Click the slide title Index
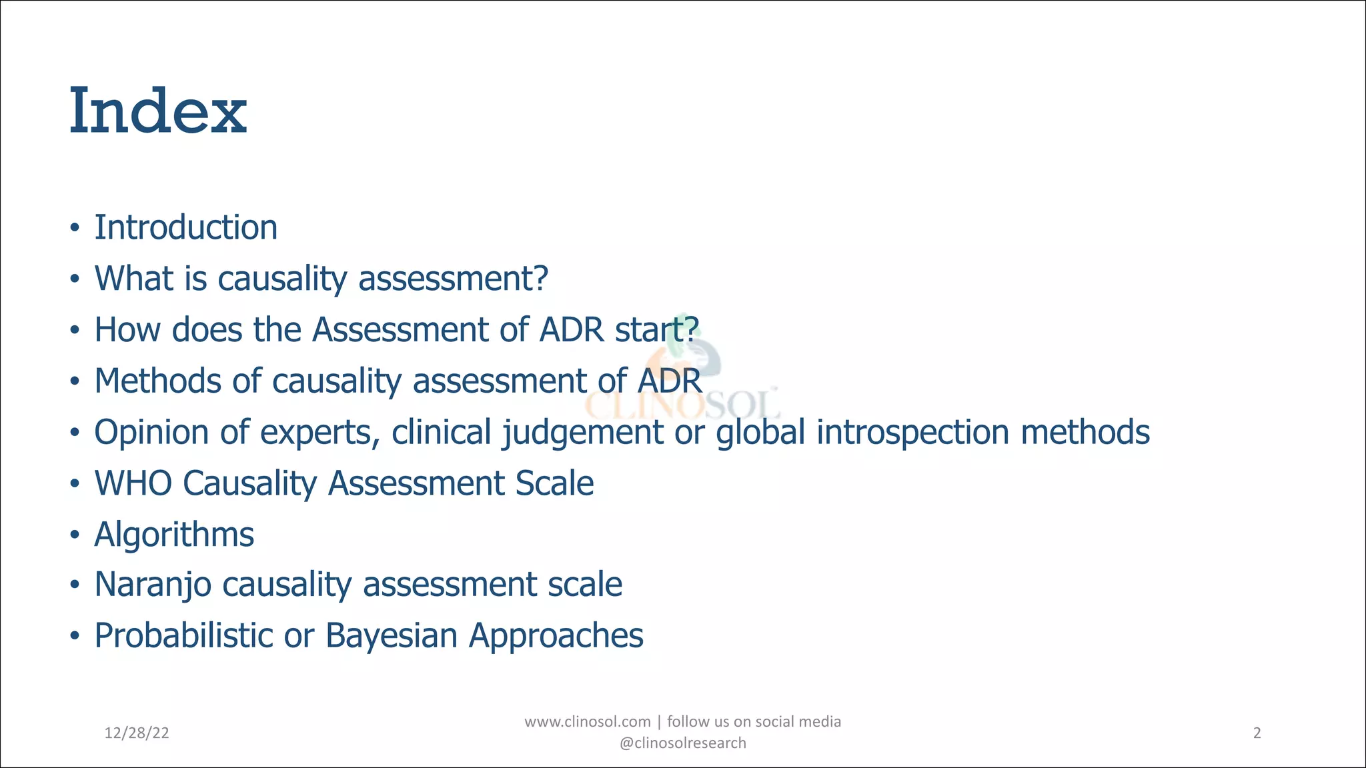click(158, 111)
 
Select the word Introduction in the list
click(185, 227)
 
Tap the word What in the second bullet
click(133, 279)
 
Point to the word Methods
click(157, 381)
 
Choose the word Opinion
click(151, 432)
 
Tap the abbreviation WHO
click(133, 483)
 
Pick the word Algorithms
click(174, 535)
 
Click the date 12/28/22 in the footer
click(137, 733)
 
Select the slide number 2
click(1257, 733)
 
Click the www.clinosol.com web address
click(587, 722)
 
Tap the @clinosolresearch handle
click(682, 743)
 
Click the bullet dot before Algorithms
click(75, 535)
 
